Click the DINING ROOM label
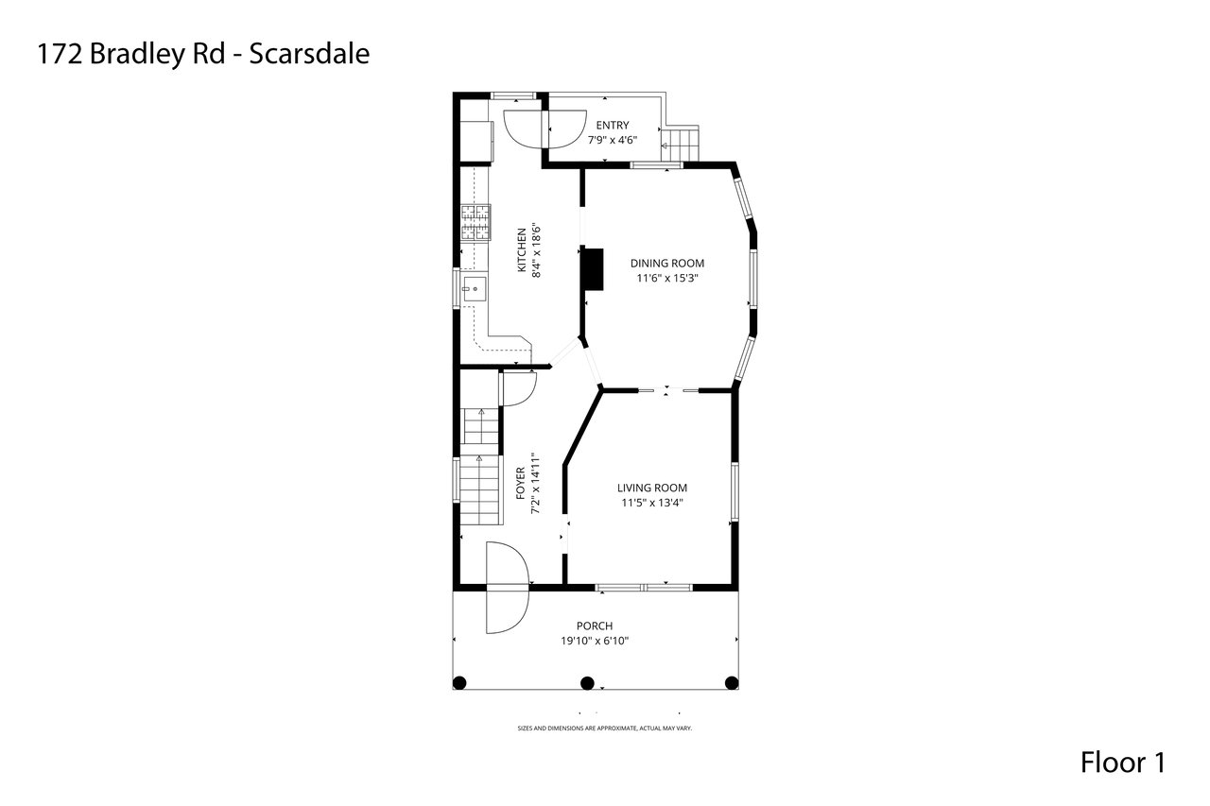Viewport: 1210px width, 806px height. point(667,264)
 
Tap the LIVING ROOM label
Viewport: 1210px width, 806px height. point(652,488)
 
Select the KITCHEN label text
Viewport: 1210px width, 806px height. point(522,250)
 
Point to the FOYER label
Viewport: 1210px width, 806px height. point(520,483)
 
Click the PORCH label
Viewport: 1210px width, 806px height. point(595,626)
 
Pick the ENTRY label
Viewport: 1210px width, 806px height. point(613,126)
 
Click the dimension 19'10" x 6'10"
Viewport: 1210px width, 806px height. point(595,641)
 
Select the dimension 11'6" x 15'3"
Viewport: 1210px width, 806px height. point(667,278)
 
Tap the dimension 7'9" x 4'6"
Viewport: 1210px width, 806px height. point(613,141)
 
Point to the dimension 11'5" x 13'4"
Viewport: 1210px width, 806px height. point(652,503)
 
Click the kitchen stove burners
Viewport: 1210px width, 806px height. point(475,222)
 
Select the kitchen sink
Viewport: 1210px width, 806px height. point(474,289)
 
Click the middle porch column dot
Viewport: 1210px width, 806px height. point(587,683)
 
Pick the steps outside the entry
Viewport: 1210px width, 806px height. point(681,145)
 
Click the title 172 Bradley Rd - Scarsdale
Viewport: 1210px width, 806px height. point(203,55)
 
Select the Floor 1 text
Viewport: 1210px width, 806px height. point(1123,763)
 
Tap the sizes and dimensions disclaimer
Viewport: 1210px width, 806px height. point(604,729)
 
